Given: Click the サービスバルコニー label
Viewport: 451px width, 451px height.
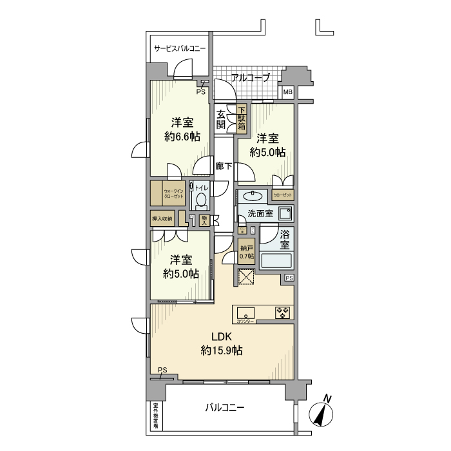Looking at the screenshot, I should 180,48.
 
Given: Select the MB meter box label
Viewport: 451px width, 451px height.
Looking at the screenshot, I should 287,93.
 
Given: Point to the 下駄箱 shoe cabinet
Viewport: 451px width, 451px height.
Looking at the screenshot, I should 242,119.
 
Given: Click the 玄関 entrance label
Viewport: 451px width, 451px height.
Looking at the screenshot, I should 221,119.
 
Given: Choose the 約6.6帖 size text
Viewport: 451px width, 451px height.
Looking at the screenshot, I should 182,137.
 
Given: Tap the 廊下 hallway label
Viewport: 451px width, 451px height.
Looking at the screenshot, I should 224,166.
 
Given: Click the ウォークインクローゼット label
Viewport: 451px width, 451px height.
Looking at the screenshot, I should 173,193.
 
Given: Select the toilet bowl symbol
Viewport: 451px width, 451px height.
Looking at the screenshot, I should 202,200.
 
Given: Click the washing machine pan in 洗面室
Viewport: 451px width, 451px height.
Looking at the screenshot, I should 283,213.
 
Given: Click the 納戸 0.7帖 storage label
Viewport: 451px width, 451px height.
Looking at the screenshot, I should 246,252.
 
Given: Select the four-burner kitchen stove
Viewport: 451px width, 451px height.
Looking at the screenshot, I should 283,312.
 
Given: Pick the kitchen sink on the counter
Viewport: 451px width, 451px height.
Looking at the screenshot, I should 245,312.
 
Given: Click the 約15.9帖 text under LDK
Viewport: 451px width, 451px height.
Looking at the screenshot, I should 221,350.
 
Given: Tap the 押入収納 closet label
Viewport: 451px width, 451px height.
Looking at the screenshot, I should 162,219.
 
